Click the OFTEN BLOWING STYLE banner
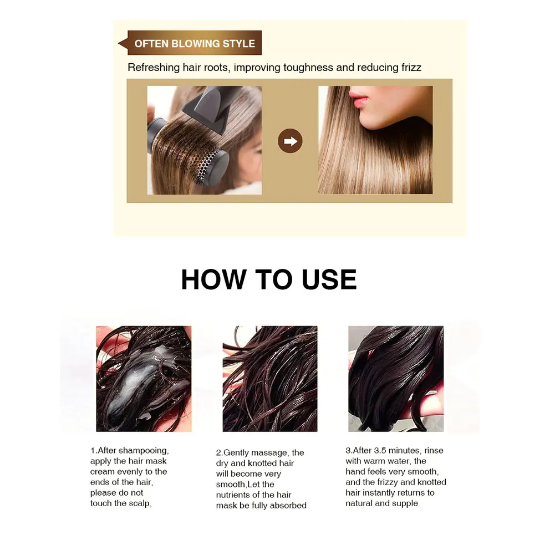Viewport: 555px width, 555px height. click(x=194, y=44)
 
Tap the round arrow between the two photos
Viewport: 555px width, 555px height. click(x=290, y=141)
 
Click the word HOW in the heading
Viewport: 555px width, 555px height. click(x=213, y=279)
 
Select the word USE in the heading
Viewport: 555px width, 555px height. click(x=329, y=279)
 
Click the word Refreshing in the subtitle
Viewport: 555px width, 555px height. click(x=151, y=68)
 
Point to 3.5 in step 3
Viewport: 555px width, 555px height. click(x=379, y=451)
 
